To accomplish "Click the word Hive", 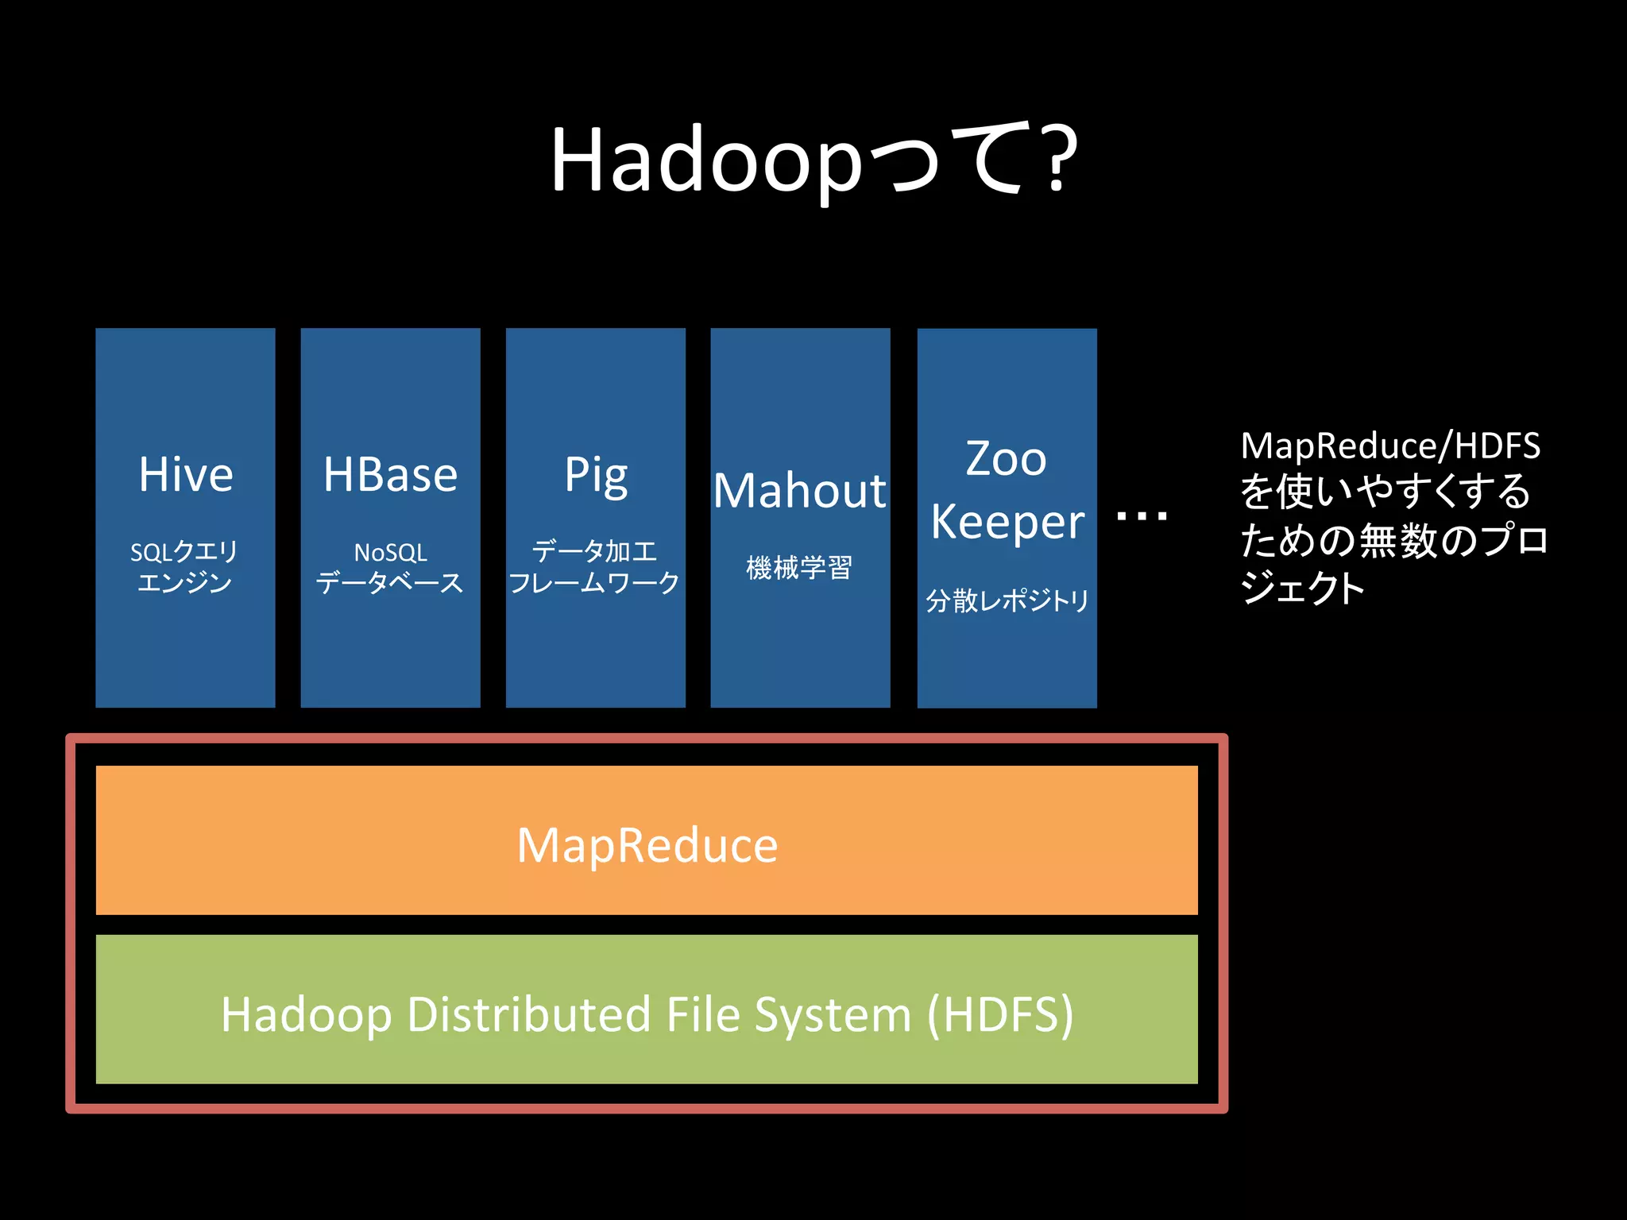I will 186,475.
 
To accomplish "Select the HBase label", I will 390,475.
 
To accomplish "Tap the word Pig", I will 596,477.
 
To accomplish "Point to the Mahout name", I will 799,491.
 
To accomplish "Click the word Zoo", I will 1006,459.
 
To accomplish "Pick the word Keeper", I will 1007,523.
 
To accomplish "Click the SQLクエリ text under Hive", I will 184,552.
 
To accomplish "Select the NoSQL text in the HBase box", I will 390,553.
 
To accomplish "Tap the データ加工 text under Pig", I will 594,551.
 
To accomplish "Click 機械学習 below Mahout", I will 799,568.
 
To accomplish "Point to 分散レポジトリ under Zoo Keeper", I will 1007,600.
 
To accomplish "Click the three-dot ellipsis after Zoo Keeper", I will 1142,517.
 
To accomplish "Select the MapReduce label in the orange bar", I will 647,845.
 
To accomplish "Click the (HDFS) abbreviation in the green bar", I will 1000,1014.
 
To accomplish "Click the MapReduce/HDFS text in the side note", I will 1390,446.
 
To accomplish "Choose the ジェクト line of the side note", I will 1303,589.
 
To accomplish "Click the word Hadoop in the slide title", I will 705,160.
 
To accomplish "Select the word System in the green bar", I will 832,1016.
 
